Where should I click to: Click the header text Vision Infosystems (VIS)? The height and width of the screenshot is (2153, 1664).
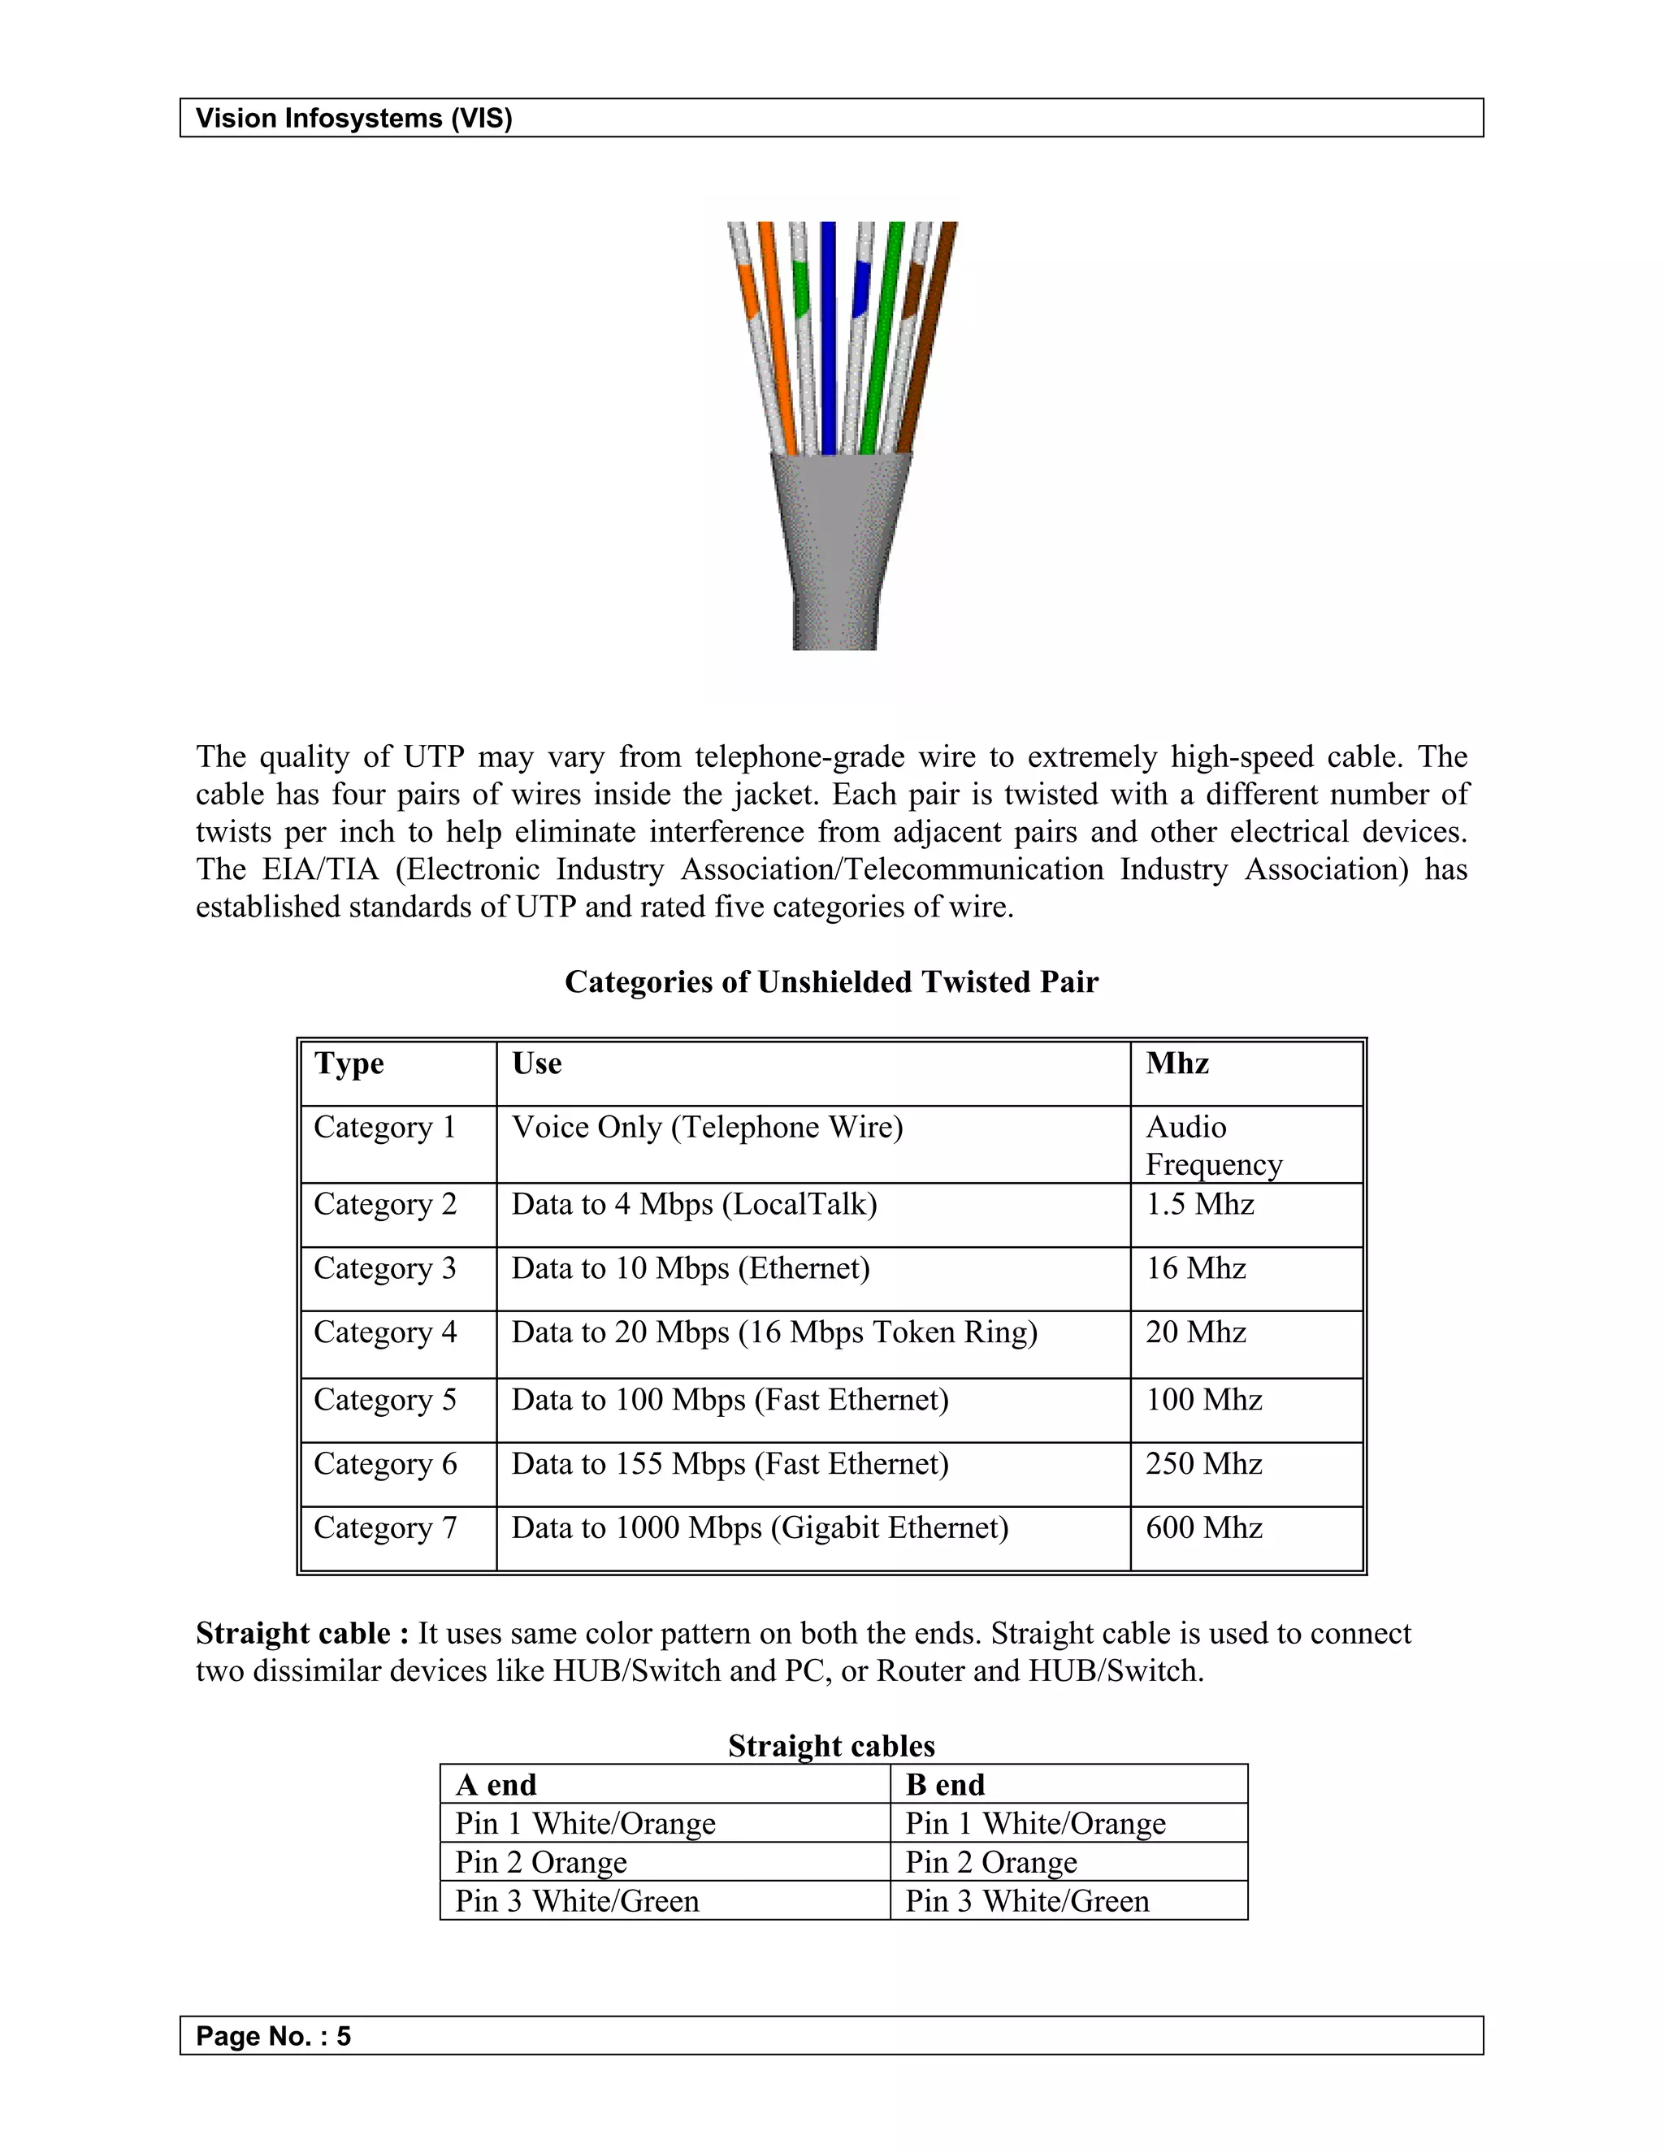tap(354, 119)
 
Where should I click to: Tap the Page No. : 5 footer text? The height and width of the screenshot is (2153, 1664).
tap(273, 2036)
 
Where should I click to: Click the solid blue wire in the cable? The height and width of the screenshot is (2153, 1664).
tap(828, 336)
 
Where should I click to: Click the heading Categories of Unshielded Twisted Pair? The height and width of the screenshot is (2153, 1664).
tap(831, 982)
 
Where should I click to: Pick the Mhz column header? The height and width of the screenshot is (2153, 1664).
tap(1177, 1064)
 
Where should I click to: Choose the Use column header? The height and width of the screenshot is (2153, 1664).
tap(536, 1064)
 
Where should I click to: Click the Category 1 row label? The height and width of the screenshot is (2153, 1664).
tap(384, 1127)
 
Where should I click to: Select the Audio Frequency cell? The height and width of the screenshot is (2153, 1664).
tap(1214, 1146)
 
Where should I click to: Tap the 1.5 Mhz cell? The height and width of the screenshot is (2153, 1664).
tap(1200, 1205)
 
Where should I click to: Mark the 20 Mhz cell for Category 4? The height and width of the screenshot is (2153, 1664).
tap(1196, 1332)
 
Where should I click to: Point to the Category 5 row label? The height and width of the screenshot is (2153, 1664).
tap(384, 1400)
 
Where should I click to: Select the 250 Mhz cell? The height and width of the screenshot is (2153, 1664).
tap(1203, 1464)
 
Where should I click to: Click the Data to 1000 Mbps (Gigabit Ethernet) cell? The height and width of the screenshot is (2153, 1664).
tap(760, 1528)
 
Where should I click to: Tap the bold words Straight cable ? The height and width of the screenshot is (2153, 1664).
tap(302, 1634)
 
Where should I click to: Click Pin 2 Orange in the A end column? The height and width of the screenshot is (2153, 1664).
tap(540, 1862)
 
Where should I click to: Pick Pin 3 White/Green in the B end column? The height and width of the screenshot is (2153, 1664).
tap(1027, 1900)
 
